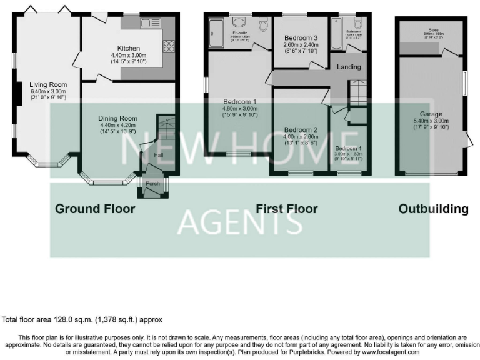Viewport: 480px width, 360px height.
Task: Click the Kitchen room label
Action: [128, 48]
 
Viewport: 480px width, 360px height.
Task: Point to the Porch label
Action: [152, 184]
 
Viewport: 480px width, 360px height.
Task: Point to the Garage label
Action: [431, 114]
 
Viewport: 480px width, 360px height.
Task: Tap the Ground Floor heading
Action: [95, 209]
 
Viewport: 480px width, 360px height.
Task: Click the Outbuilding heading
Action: [433, 209]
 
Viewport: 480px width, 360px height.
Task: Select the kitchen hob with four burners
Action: [168, 46]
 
